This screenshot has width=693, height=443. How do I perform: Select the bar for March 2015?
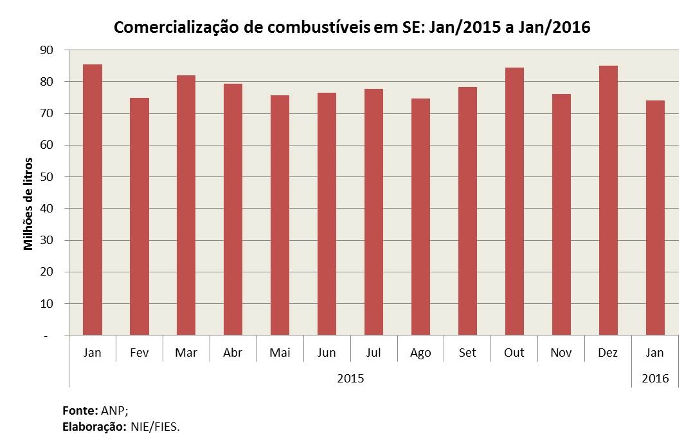coord(186,206)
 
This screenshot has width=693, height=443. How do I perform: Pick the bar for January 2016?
coord(655,218)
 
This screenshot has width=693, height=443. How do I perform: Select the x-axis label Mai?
coord(280,353)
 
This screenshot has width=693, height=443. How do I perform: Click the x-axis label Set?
coord(467,353)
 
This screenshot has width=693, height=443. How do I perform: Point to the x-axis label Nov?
coord(561,353)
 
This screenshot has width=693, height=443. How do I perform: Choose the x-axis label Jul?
coord(373,353)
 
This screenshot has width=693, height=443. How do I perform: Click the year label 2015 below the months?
coord(350,378)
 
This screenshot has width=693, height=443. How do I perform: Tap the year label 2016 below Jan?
coord(655,378)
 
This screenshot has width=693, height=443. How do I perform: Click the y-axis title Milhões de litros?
coord(28,203)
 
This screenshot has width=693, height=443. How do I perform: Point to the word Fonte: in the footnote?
coord(80,410)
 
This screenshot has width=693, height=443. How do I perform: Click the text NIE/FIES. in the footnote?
coord(155,426)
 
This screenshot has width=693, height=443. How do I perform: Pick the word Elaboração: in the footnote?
coord(93,426)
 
